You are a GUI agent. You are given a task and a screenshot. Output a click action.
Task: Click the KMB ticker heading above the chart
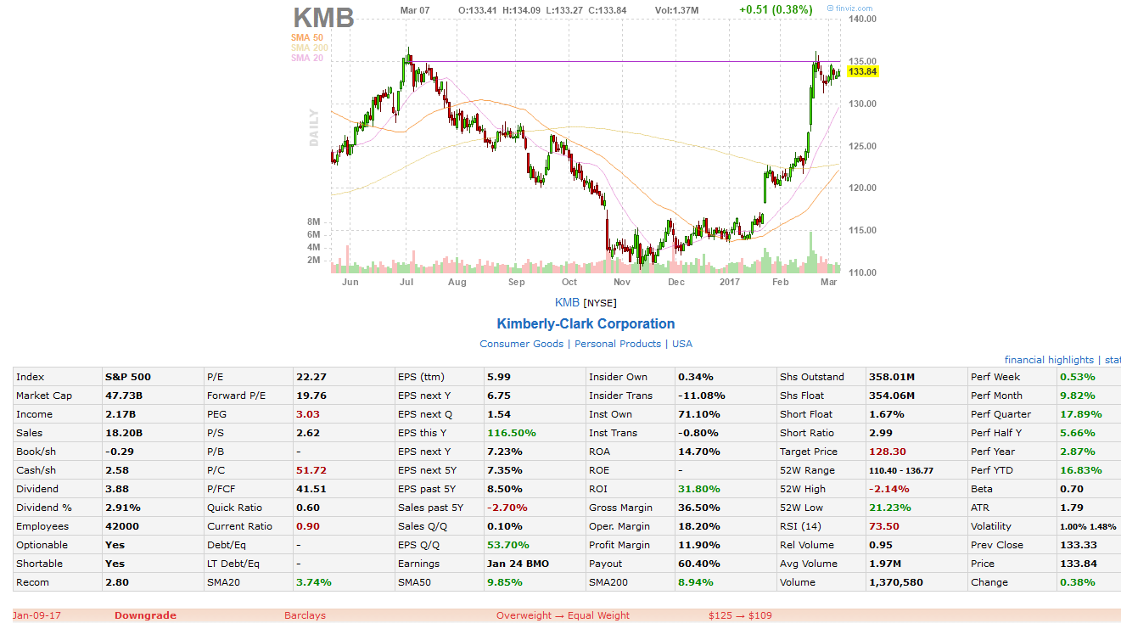pyautogui.click(x=323, y=17)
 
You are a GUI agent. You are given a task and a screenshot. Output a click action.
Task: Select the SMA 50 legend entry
pyautogui.click(x=306, y=37)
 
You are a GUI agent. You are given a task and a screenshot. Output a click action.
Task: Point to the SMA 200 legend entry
pyautogui.click(x=309, y=48)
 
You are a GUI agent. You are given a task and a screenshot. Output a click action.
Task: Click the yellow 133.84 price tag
pyautogui.click(x=862, y=72)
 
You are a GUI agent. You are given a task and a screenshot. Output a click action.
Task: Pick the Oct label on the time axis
pyautogui.click(x=569, y=282)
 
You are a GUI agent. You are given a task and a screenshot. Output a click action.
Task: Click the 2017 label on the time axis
pyautogui.click(x=730, y=282)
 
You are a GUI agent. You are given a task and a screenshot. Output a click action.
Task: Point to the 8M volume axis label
pyautogui.click(x=313, y=222)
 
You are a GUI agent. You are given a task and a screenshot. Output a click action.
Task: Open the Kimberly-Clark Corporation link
pyautogui.click(x=586, y=323)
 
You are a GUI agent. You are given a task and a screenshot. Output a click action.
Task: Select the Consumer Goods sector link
pyautogui.click(x=522, y=344)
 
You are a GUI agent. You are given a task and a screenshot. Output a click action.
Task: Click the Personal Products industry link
pyautogui.click(x=618, y=344)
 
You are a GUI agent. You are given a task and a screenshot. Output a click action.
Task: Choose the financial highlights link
pyautogui.click(x=1049, y=360)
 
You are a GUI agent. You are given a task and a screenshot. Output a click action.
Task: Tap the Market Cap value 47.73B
pyautogui.click(x=124, y=396)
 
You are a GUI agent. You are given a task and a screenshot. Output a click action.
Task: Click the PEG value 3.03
pyautogui.click(x=305, y=414)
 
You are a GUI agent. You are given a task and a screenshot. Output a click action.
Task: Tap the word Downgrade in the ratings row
pyautogui.click(x=145, y=615)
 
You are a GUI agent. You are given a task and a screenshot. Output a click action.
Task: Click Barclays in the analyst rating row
pyautogui.click(x=305, y=615)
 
